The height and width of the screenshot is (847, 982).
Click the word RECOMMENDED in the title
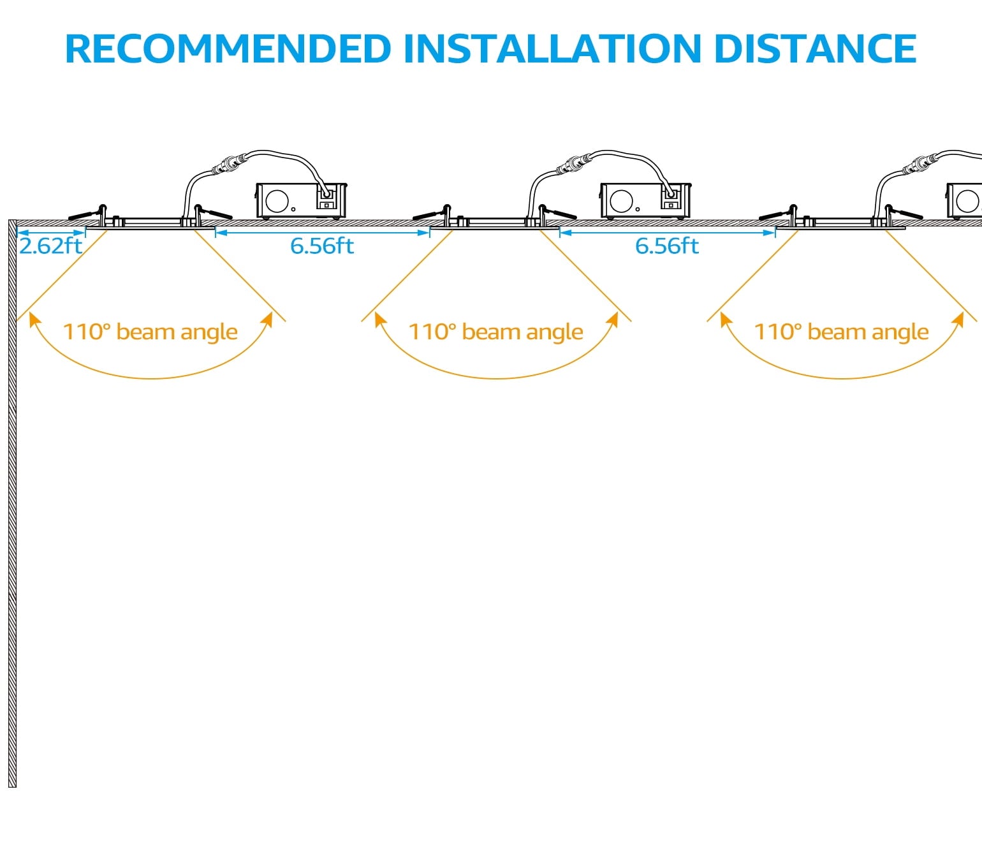(228, 48)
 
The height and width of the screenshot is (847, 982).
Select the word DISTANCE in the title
(815, 48)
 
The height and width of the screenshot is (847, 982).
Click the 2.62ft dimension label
(51, 246)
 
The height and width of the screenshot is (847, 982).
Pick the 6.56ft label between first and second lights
(322, 246)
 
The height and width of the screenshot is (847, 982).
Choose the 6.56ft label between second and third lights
(667, 246)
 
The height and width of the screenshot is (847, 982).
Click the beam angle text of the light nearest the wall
(150, 332)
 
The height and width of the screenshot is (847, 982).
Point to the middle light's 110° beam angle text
(496, 332)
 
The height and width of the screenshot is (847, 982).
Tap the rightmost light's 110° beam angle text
(842, 332)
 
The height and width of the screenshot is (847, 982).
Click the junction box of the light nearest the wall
(302, 201)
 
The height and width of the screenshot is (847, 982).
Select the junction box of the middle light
(646, 201)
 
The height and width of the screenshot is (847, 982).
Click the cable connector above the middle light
(571, 165)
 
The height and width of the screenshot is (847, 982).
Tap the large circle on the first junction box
(277, 201)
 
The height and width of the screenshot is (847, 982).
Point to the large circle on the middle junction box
(621, 201)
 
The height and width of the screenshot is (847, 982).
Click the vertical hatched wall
(12, 510)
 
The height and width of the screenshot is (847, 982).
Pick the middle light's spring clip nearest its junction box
(558, 212)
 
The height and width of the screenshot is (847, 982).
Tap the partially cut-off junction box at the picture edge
(964, 201)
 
